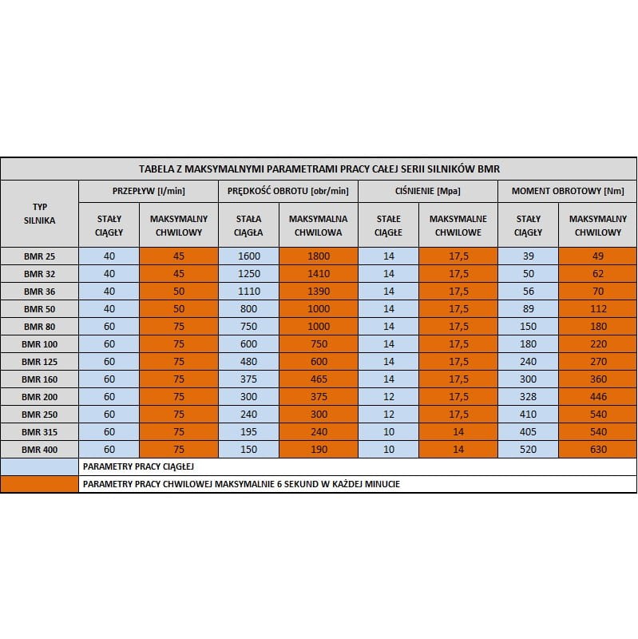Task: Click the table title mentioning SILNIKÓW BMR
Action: [x=319, y=169]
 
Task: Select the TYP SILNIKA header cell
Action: [x=39, y=213]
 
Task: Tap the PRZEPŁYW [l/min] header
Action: [x=148, y=191]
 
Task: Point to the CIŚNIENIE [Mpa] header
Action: [x=427, y=191]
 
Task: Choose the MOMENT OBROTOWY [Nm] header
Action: [x=567, y=191]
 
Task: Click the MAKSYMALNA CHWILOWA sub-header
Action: [x=318, y=225]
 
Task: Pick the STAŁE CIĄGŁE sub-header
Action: [x=388, y=225]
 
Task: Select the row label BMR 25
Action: [x=39, y=256]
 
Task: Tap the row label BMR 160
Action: [x=39, y=379]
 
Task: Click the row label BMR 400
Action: [x=39, y=449]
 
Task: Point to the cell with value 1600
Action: [x=248, y=256]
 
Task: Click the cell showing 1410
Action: [x=318, y=273]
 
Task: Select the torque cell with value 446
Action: [x=597, y=396]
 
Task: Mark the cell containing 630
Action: [x=597, y=449]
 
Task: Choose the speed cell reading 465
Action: [x=318, y=379]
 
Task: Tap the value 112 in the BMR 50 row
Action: [x=597, y=308]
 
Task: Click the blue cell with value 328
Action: [x=528, y=396]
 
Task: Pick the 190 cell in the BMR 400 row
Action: [x=318, y=449]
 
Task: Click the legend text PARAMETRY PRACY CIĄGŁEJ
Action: [x=139, y=466]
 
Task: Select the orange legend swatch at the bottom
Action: [x=39, y=484]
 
